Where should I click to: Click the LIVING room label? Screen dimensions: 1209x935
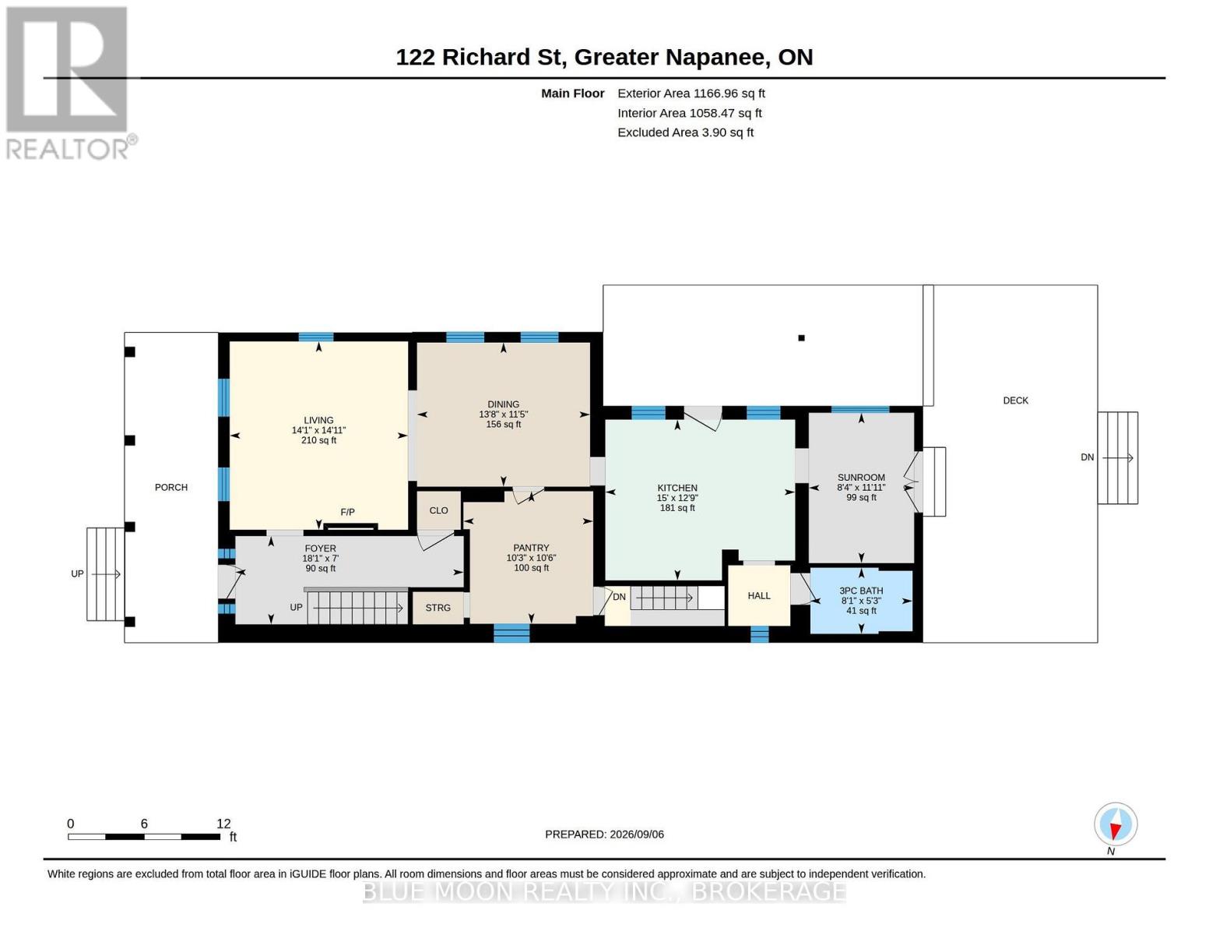tap(318, 421)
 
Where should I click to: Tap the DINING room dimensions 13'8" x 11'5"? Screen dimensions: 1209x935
tap(503, 415)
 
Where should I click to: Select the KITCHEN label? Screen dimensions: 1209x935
tap(677, 488)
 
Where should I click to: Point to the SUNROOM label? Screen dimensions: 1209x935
tap(861, 478)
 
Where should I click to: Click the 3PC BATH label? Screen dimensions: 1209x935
tap(861, 591)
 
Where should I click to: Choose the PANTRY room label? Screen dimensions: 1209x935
tap(531, 548)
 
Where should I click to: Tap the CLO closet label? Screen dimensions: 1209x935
tap(438, 510)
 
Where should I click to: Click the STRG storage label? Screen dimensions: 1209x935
tap(438, 608)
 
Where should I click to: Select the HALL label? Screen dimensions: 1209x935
tap(758, 596)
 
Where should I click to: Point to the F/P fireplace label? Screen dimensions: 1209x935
tap(347, 513)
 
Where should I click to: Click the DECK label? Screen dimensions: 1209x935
tap(1015, 400)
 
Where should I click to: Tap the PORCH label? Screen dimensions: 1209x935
tap(170, 487)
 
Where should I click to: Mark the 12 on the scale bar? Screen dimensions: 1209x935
tap(223, 824)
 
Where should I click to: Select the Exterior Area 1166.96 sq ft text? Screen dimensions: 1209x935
tap(691, 93)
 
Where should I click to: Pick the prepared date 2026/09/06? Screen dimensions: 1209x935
tap(637, 834)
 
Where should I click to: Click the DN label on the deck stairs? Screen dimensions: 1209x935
tap(1087, 457)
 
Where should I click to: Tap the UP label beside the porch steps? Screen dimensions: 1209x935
tap(77, 573)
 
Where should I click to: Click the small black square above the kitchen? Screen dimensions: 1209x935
tap(801, 338)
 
